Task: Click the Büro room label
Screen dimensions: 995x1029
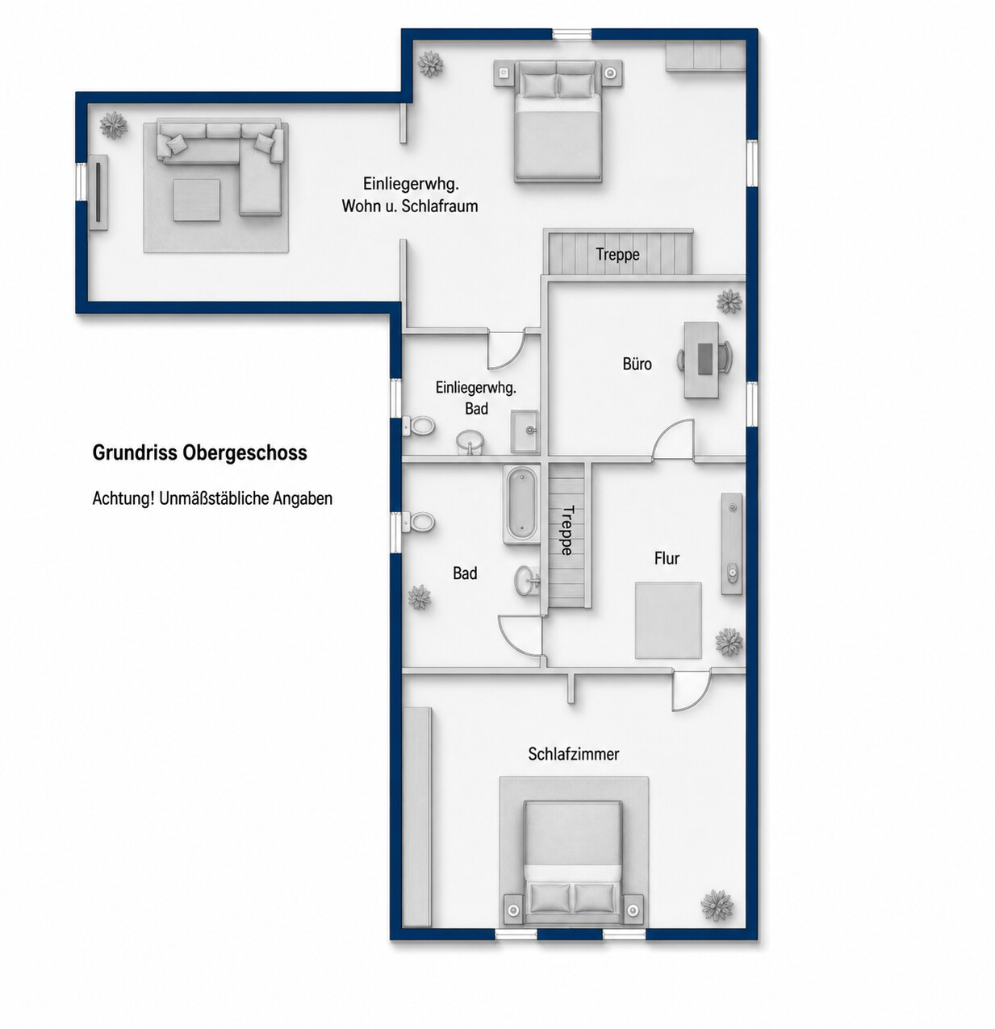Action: [637, 364]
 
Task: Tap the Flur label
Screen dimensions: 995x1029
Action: [667, 558]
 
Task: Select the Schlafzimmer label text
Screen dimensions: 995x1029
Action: [573, 754]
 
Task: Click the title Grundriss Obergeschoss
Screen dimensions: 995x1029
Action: [199, 453]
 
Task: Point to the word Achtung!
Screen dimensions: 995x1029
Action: [123, 498]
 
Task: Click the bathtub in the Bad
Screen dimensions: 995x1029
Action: [522, 505]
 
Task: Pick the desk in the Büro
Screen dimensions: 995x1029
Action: [701, 360]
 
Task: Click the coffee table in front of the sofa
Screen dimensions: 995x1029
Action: [196, 200]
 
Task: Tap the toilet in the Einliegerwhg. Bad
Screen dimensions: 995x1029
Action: [419, 425]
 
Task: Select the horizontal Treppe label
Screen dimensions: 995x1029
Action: [617, 254]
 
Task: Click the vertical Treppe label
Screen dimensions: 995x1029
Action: [566, 530]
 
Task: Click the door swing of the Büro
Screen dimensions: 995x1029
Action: [672, 439]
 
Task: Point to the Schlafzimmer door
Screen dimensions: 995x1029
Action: [692, 690]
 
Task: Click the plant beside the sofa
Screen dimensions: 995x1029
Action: [114, 125]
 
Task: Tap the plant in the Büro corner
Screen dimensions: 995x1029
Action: [730, 302]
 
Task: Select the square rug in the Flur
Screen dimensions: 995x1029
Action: [668, 620]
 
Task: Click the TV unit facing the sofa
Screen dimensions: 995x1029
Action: [98, 193]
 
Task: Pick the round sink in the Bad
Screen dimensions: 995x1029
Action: [528, 580]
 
